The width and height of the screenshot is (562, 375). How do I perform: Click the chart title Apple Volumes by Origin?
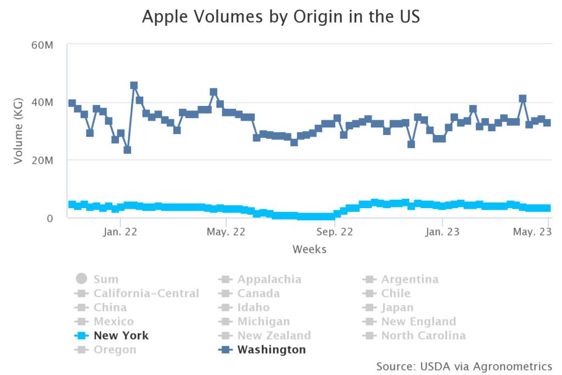(280, 17)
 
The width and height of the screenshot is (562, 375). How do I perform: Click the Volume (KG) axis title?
(18, 131)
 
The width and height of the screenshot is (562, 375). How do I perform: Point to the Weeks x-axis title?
(309, 249)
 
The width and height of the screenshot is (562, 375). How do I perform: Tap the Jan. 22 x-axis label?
(119, 232)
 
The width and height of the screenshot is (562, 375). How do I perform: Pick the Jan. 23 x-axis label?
(442, 232)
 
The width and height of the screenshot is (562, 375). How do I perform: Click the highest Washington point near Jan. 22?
(134, 86)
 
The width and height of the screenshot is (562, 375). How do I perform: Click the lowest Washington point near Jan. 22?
(127, 150)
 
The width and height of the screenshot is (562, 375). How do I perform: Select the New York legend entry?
(121, 335)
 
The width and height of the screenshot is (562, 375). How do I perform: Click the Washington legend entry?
(271, 350)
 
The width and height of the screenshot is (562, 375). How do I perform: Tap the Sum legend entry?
(105, 279)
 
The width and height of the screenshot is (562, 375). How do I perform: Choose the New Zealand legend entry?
(274, 335)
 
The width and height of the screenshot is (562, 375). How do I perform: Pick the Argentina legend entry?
(409, 279)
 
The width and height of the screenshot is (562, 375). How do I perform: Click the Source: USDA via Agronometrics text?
(464, 366)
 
